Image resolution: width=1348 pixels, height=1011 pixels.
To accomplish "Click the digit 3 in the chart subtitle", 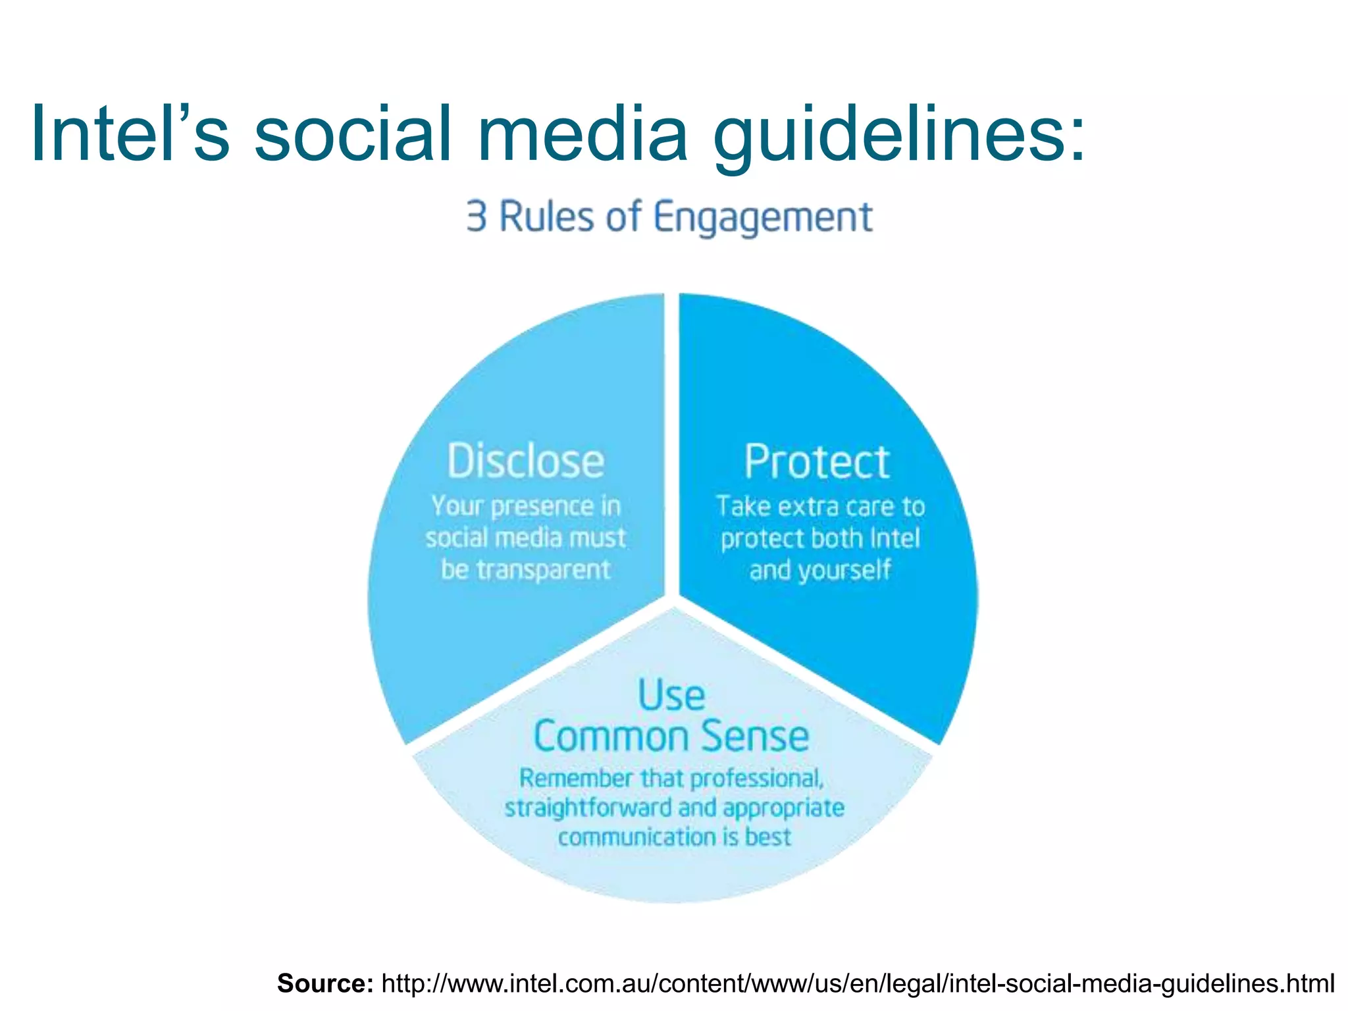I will tap(476, 217).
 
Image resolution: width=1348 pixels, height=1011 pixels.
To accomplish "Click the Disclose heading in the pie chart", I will tap(525, 461).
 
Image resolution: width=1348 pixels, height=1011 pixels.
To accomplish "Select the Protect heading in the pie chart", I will tap(817, 462).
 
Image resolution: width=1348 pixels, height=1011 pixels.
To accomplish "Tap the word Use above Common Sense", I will tap(671, 695).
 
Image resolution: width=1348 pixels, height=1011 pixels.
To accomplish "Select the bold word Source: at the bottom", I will tap(325, 983).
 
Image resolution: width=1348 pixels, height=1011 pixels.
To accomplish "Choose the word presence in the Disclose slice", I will tap(542, 506).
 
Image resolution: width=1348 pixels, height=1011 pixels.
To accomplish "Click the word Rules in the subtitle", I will tap(546, 217).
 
